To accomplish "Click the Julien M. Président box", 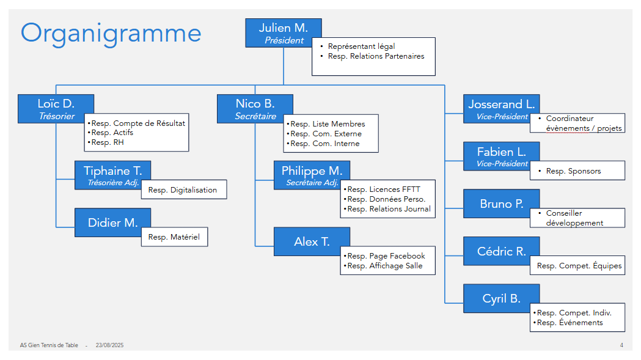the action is tap(284, 33).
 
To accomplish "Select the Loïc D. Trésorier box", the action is tap(56, 109).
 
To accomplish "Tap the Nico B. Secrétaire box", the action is tap(255, 109).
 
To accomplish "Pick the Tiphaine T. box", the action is tap(113, 175).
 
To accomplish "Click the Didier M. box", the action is tap(113, 222).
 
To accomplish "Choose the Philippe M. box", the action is tap(312, 175).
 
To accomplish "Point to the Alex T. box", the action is tap(312, 241).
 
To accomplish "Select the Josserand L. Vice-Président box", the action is tap(502, 109).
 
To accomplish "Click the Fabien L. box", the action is tap(502, 156).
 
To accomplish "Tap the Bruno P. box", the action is tap(502, 204).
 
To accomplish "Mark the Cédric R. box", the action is tap(502, 251).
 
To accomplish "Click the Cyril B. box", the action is tap(502, 299).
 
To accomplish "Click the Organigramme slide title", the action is tap(111, 34).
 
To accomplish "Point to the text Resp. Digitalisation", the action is tap(182, 190).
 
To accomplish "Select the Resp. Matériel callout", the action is tap(175, 237).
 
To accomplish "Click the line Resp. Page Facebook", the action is tap(386, 255).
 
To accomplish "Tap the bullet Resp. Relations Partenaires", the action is tap(376, 56).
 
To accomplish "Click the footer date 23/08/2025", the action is tap(109, 345).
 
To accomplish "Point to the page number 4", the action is tap(621, 345).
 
